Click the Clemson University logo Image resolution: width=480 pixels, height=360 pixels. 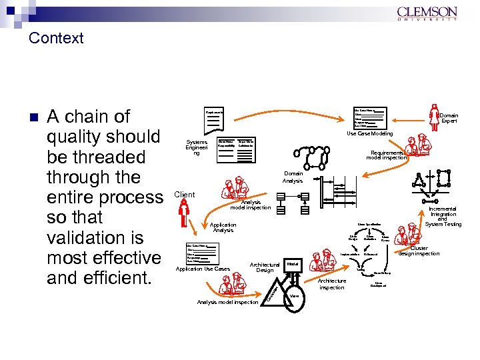pyautogui.click(x=427, y=14)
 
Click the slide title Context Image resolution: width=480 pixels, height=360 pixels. pyautogui.click(x=56, y=38)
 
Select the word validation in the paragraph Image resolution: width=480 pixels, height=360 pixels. pyautogui.click(x=85, y=237)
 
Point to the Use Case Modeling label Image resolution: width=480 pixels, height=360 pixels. pyautogui.click(x=369, y=134)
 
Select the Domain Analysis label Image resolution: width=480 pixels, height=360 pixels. pyautogui.click(x=293, y=177)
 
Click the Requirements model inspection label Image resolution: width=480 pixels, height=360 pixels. pyautogui.click(x=386, y=155)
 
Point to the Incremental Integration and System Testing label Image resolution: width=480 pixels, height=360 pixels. pyautogui.click(x=443, y=216)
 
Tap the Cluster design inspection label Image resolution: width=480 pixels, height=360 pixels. pyautogui.click(x=419, y=251)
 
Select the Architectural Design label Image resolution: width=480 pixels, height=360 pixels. pyautogui.click(x=265, y=267)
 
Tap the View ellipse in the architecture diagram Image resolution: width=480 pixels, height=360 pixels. pyautogui.click(x=294, y=295)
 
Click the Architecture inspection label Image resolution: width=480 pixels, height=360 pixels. pyautogui.click(x=331, y=284)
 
